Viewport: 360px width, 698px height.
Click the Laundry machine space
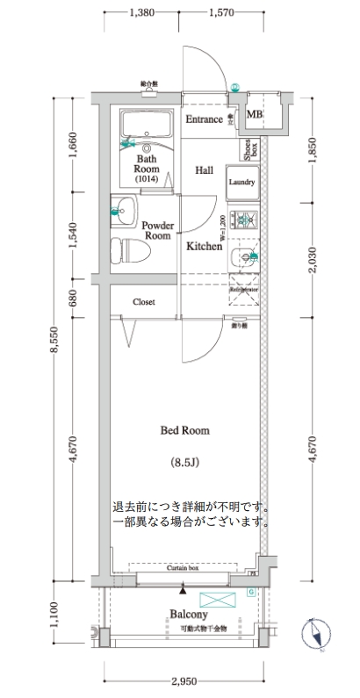[x=241, y=183]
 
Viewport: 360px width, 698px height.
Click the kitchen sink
[x=243, y=258]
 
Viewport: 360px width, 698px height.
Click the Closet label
[x=143, y=302]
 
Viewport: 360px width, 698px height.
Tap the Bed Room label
[x=184, y=430]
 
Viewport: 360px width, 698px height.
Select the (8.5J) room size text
[x=184, y=461]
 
